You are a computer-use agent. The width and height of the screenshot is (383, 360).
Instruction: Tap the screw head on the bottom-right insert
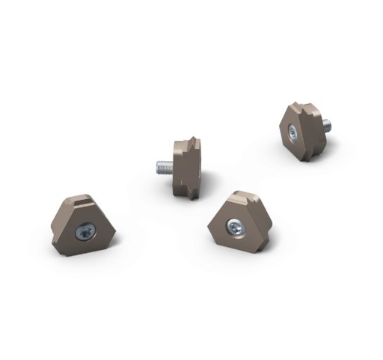(x=236, y=225)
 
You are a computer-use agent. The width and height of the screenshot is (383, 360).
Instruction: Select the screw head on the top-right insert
(x=292, y=132)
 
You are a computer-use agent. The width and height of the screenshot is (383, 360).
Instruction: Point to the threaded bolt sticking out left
(x=165, y=168)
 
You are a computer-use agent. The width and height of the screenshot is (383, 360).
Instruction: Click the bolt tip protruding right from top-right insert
(x=326, y=126)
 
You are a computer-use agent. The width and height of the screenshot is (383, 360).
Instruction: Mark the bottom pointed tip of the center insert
(x=193, y=197)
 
